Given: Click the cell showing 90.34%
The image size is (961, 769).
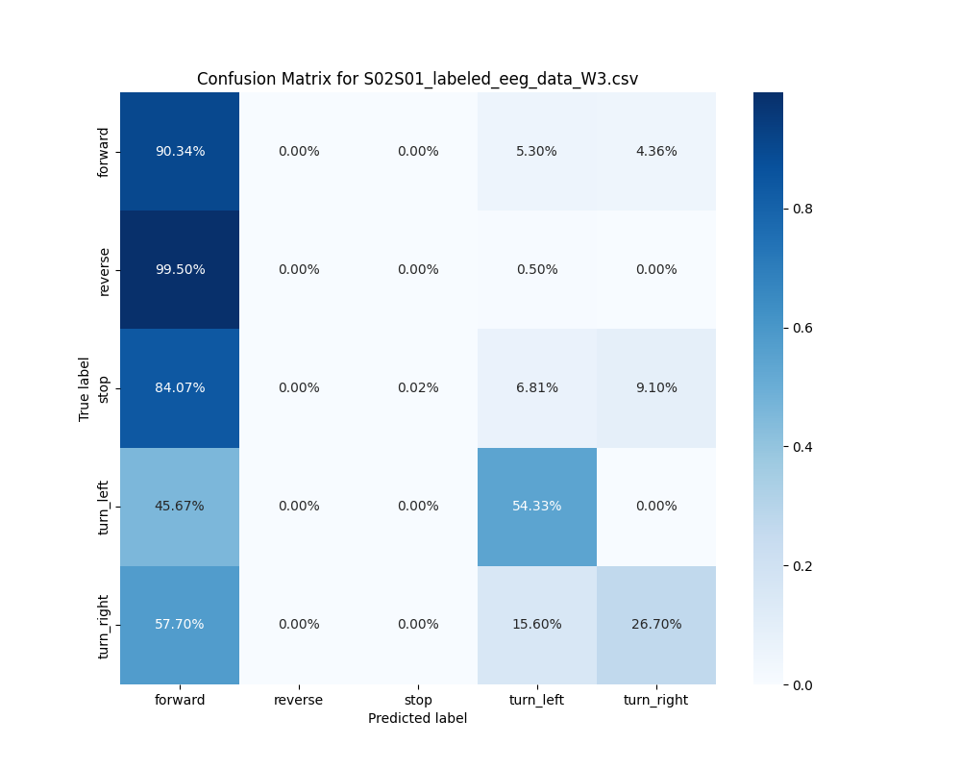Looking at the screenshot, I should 180,151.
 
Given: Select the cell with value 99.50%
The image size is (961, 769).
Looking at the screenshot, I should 180,269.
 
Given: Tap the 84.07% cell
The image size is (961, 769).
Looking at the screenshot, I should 180,387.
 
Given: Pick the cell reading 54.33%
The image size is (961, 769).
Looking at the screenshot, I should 537,506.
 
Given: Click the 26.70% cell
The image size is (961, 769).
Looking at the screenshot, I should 656,624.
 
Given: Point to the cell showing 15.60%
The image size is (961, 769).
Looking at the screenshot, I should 537,624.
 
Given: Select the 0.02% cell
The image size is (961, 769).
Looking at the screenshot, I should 418,387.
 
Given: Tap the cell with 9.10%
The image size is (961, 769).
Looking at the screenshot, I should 656,387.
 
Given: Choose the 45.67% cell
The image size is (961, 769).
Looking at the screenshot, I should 180,506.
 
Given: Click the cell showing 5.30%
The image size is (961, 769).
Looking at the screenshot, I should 537,151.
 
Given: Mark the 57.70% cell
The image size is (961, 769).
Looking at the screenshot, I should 180,624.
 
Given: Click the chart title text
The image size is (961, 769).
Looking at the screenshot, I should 417,79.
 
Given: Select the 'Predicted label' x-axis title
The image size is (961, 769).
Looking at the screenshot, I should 417,718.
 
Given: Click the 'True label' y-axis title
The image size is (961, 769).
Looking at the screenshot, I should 85,388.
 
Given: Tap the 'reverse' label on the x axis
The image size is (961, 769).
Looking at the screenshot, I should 299,700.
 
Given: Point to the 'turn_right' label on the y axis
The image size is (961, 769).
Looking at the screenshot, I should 104,625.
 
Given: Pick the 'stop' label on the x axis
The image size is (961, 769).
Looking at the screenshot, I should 418,700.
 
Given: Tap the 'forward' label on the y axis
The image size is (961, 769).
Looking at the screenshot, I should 104,152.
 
